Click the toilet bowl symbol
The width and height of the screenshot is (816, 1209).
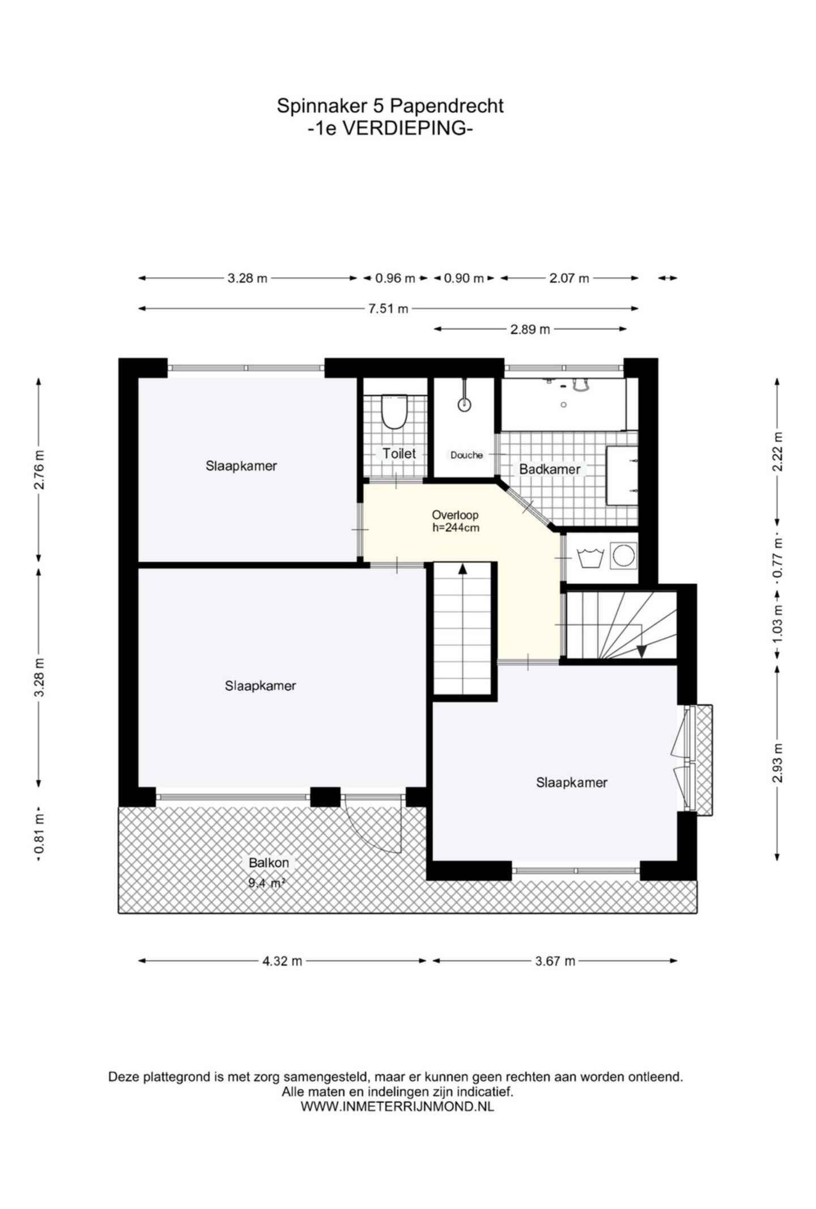(x=394, y=412)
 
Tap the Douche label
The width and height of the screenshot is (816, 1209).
(x=466, y=455)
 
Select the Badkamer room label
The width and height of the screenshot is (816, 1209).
(x=549, y=469)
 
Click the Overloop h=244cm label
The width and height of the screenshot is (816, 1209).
(x=455, y=521)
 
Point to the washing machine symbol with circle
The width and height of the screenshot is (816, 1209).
(x=623, y=555)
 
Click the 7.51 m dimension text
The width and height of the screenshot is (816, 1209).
(x=388, y=309)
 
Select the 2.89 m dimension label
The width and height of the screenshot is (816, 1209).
(x=530, y=329)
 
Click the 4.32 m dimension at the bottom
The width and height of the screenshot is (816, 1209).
(x=282, y=961)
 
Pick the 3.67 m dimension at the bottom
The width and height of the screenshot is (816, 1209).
(x=555, y=961)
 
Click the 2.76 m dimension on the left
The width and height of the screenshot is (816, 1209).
(x=39, y=469)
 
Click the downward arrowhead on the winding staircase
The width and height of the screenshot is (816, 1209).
(x=641, y=652)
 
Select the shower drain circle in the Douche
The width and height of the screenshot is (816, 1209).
(x=464, y=404)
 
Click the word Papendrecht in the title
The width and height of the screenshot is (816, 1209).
(x=447, y=106)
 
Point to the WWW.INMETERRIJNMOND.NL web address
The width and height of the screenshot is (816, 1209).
(x=397, y=1106)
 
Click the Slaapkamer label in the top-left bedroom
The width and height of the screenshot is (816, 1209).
(x=241, y=466)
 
